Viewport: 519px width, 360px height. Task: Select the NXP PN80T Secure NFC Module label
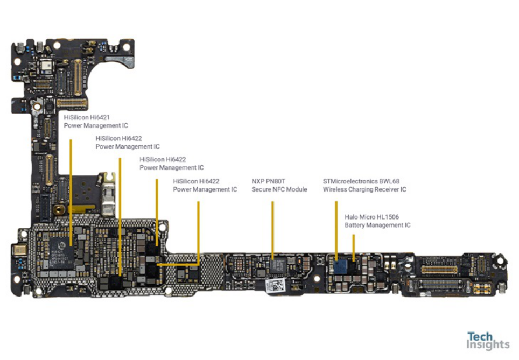279,186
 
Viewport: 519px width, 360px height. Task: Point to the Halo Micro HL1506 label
377,221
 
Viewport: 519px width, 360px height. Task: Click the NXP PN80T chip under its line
278,265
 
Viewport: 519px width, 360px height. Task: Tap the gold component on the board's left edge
19,250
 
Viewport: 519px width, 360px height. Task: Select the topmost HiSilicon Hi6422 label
127,142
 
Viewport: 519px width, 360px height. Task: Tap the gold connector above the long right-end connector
438,269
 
